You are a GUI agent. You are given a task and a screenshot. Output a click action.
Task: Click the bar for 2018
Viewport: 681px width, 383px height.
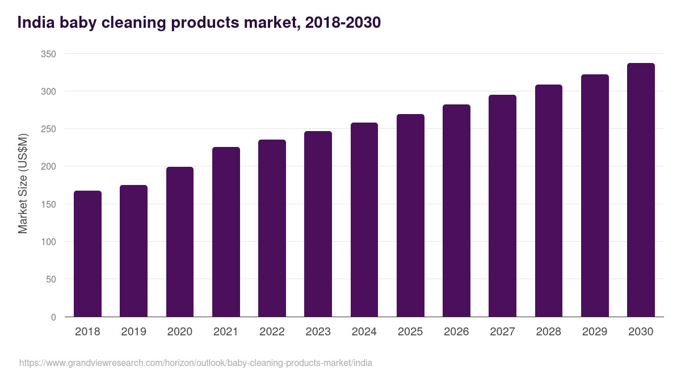click(87, 254)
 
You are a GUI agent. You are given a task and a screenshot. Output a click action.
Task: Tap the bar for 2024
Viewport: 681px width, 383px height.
click(364, 220)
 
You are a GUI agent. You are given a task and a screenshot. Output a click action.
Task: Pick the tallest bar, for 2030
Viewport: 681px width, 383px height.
click(641, 190)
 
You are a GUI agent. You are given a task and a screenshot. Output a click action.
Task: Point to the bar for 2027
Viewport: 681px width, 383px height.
click(502, 206)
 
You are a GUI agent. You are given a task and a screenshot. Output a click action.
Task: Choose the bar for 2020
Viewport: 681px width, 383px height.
click(180, 242)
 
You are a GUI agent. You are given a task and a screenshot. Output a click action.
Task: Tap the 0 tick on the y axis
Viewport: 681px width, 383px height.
click(53, 317)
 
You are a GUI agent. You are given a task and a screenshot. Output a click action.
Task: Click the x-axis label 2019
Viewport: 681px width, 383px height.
click(133, 332)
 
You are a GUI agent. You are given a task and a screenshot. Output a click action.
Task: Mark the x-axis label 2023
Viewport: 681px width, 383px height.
click(318, 332)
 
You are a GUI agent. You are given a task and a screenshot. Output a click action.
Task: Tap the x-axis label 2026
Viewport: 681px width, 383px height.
click(456, 332)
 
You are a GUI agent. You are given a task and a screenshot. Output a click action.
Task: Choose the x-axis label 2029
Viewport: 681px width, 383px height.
click(595, 332)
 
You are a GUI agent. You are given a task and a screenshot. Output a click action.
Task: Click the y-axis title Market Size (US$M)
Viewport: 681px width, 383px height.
click(23, 183)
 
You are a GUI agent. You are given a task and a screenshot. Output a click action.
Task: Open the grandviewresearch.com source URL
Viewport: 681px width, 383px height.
click(196, 363)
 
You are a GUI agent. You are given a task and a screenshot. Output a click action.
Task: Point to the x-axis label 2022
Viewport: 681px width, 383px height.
click(272, 332)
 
